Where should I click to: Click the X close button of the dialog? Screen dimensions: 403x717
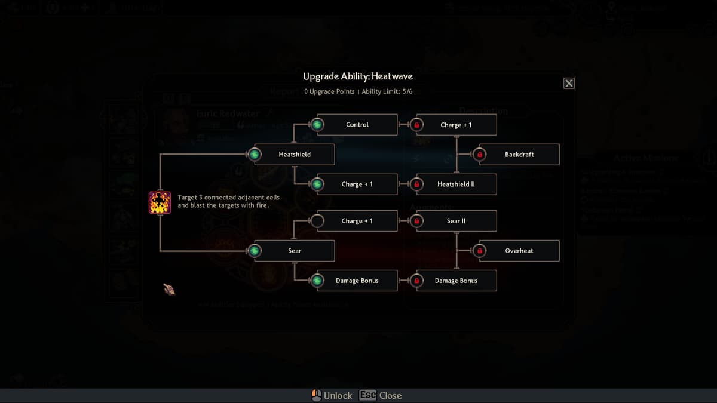[569, 83]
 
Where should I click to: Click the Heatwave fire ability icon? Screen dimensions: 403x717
[160, 202]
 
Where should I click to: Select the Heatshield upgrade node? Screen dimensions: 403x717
[295, 155]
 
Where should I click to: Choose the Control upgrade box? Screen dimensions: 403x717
[357, 125]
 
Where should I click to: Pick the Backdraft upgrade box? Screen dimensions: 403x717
[519, 155]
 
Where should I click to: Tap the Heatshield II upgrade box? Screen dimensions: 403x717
[456, 184]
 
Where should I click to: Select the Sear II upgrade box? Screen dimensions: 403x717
[456, 221]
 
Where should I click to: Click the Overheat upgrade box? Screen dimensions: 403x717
[519, 251]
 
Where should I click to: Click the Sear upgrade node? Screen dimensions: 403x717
[295, 251]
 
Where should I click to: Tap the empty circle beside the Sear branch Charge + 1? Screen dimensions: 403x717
[317, 221]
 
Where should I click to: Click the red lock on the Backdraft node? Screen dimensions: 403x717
[479, 155]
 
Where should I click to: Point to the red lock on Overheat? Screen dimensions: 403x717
[479, 251]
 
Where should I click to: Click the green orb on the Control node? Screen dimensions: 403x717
[317, 125]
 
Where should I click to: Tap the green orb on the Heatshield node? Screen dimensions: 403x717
[255, 155]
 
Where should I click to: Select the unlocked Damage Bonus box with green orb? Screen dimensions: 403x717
[357, 281]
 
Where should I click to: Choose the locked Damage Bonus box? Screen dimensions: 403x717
[456, 281]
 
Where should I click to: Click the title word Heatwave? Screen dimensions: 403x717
[392, 76]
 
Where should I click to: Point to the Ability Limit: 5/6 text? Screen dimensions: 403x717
[387, 91]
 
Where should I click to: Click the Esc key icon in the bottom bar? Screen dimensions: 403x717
[367, 395]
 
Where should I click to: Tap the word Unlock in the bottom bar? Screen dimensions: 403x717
[338, 395]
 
